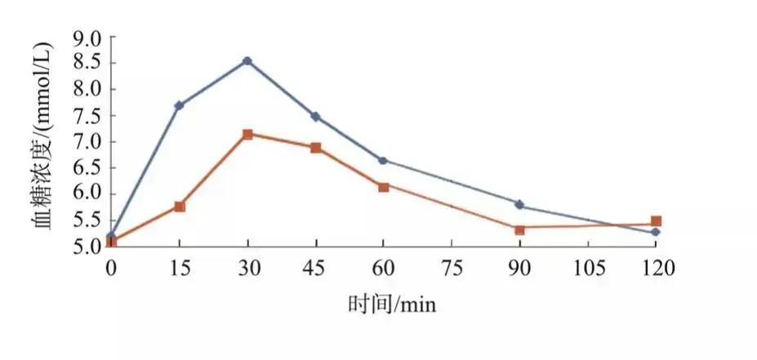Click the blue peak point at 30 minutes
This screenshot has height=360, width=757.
[x=247, y=61]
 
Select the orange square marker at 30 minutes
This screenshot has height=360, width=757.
[x=247, y=134]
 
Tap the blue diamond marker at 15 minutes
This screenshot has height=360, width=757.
[x=179, y=105]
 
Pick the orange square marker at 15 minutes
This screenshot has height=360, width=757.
[x=180, y=207]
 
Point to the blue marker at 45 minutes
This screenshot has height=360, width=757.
[x=315, y=117]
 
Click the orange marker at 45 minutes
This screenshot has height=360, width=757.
[x=315, y=148]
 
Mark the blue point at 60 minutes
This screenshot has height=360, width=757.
[x=383, y=160]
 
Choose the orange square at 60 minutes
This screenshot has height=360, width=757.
[x=383, y=186]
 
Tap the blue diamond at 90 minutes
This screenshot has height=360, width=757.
[x=519, y=204]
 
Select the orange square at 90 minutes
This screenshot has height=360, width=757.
[x=519, y=229]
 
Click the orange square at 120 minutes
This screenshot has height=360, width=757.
[x=656, y=221]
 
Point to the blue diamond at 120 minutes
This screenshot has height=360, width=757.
[x=656, y=233]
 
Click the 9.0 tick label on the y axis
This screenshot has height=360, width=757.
[x=87, y=38]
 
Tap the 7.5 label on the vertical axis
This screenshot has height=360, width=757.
[x=87, y=116]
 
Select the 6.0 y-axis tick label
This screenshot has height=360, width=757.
[x=87, y=194]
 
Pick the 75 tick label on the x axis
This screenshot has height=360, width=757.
[x=451, y=266]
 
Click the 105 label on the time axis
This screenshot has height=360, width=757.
[x=587, y=266]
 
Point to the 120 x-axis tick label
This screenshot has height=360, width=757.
[x=656, y=266]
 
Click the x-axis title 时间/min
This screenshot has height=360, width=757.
[x=392, y=304]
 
